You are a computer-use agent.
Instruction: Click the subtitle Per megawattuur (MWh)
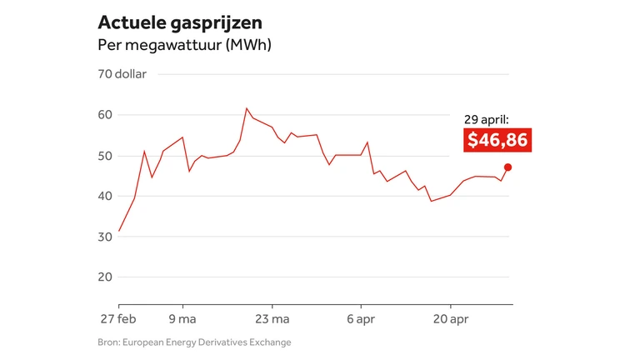(184, 44)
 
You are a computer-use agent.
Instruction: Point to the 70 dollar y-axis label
(122, 74)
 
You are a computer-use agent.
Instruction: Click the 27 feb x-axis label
(119, 318)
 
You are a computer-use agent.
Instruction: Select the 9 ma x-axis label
(182, 318)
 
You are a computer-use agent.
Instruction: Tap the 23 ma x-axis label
(272, 318)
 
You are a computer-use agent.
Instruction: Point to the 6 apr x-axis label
(361, 318)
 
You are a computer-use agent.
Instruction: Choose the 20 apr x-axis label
(450, 318)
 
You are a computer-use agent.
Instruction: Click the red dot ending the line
(507, 167)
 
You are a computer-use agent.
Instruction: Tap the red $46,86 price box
(497, 140)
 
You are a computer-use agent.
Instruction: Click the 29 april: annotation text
(487, 120)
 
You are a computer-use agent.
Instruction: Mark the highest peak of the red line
(247, 108)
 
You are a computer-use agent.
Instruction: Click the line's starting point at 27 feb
(119, 231)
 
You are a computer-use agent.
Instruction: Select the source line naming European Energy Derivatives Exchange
(194, 342)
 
